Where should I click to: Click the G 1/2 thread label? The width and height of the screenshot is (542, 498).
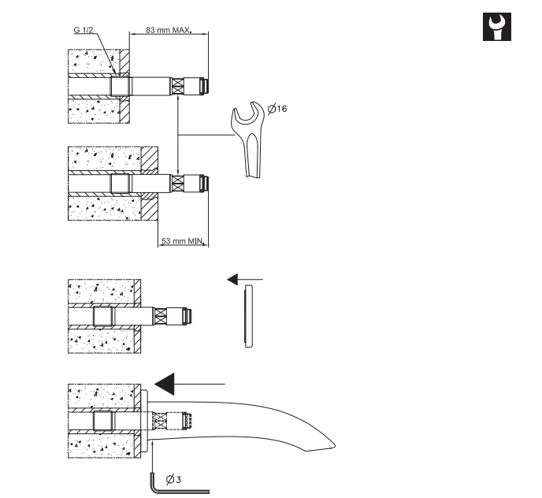(x=84, y=30)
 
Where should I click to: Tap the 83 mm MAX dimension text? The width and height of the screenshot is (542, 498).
(x=169, y=30)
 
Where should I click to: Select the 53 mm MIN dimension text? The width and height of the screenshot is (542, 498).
(x=183, y=240)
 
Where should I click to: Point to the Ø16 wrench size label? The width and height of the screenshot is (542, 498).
(x=277, y=109)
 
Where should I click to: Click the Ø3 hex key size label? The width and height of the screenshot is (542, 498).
(x=173, y=480)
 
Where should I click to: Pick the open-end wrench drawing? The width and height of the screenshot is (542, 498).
(x=248, y=139)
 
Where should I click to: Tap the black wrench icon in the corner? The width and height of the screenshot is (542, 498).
(x=497, y=27)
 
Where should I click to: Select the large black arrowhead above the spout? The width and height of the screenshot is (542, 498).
(x=165, y=384)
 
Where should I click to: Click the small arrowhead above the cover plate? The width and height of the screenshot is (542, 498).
(x=232, y=279)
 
